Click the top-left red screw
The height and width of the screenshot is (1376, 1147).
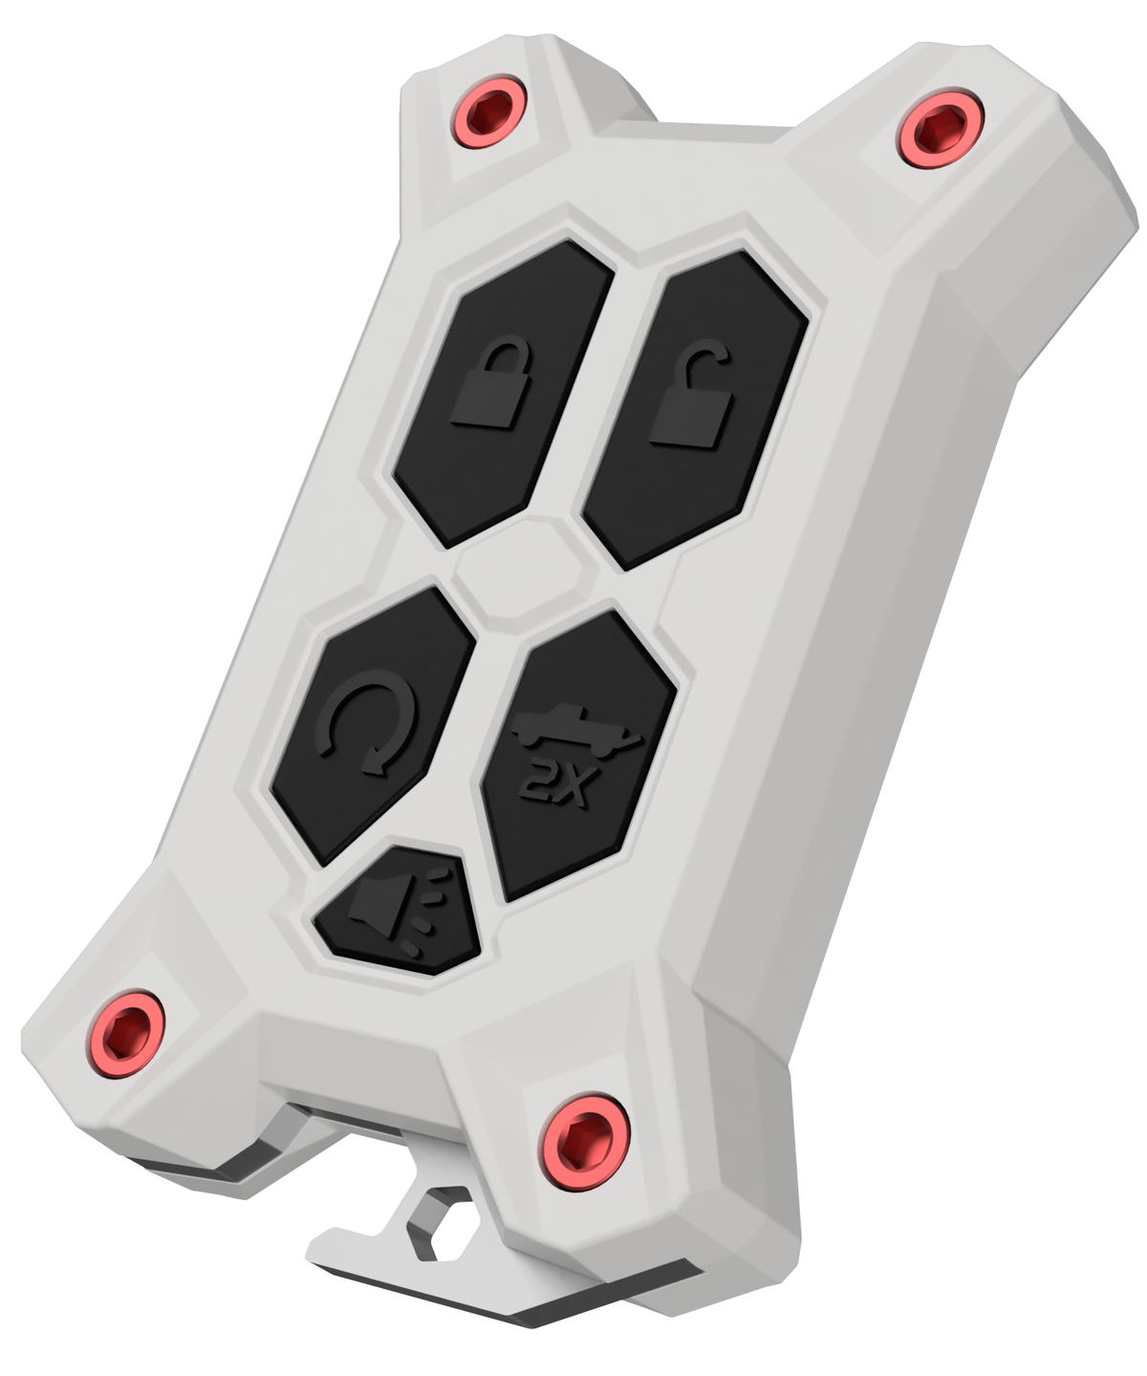(488, 111)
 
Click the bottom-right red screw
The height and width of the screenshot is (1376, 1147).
(585, 1141)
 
